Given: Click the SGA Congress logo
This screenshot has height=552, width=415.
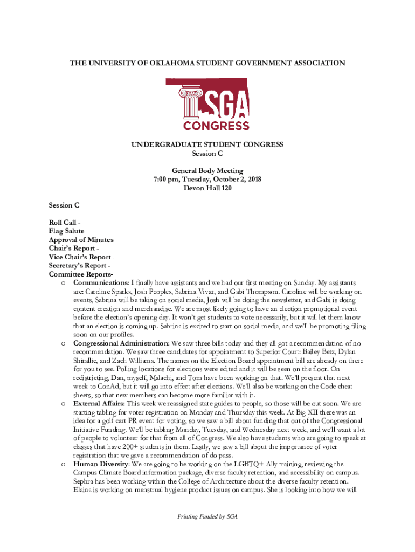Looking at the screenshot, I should pos(207,104).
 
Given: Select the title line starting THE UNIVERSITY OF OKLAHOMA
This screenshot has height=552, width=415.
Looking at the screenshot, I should pos(207,63).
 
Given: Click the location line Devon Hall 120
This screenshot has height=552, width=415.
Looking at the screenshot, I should pos(207,188).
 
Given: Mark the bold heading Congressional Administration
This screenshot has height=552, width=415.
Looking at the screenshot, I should pos(121,343).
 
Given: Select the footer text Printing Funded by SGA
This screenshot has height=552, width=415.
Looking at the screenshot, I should pos(207,516).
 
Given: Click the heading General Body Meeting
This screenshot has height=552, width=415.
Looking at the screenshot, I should pos(207,171).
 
